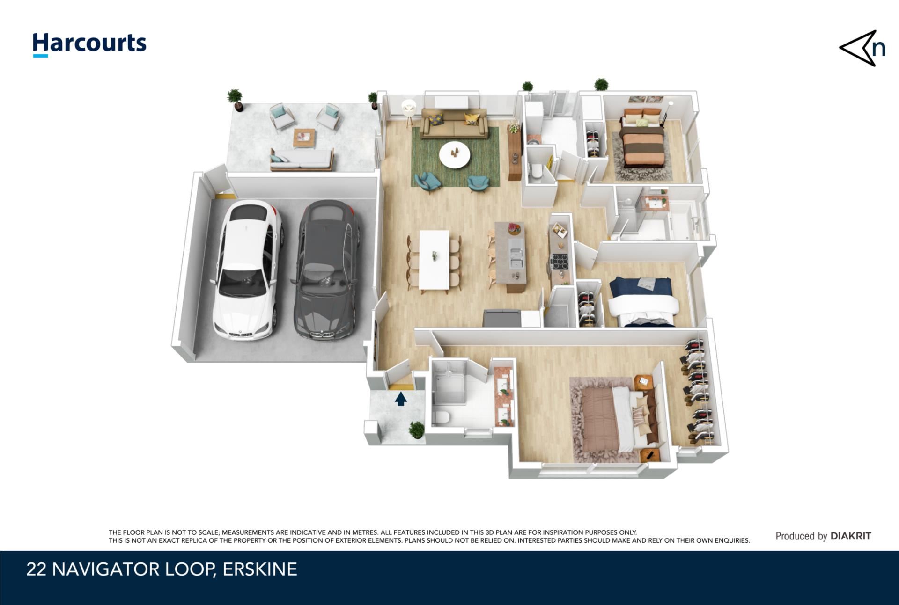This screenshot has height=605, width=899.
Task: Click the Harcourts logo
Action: point(89,45)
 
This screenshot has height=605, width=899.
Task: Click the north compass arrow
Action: point(861,49)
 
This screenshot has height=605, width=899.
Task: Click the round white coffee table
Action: point(455,154)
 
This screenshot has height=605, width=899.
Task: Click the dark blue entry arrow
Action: point(401,399)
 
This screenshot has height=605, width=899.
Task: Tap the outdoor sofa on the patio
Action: point(302,159)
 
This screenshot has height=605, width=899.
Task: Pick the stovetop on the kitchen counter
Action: point(560,261)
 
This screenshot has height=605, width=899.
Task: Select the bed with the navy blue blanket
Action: point(643,302)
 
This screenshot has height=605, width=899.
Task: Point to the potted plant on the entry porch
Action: point(416,430)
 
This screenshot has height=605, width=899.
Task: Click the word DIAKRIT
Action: point(851,536)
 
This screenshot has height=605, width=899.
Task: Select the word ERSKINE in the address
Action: point(260,569)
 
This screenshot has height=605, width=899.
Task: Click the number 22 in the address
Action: point(36,569)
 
